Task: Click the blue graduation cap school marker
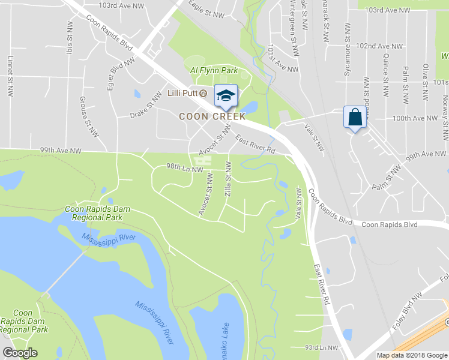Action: point(226,95)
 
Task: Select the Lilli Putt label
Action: point(182,93)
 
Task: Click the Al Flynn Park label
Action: point(214,71)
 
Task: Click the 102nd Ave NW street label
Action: point(379,46)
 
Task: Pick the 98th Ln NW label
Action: point(184,168)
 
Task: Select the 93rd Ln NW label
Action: point(321,347)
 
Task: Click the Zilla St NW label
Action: point(229,179)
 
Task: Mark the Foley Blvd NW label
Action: point(429,287)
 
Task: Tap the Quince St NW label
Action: point(385,71)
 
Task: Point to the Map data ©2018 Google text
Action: point(411,355)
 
